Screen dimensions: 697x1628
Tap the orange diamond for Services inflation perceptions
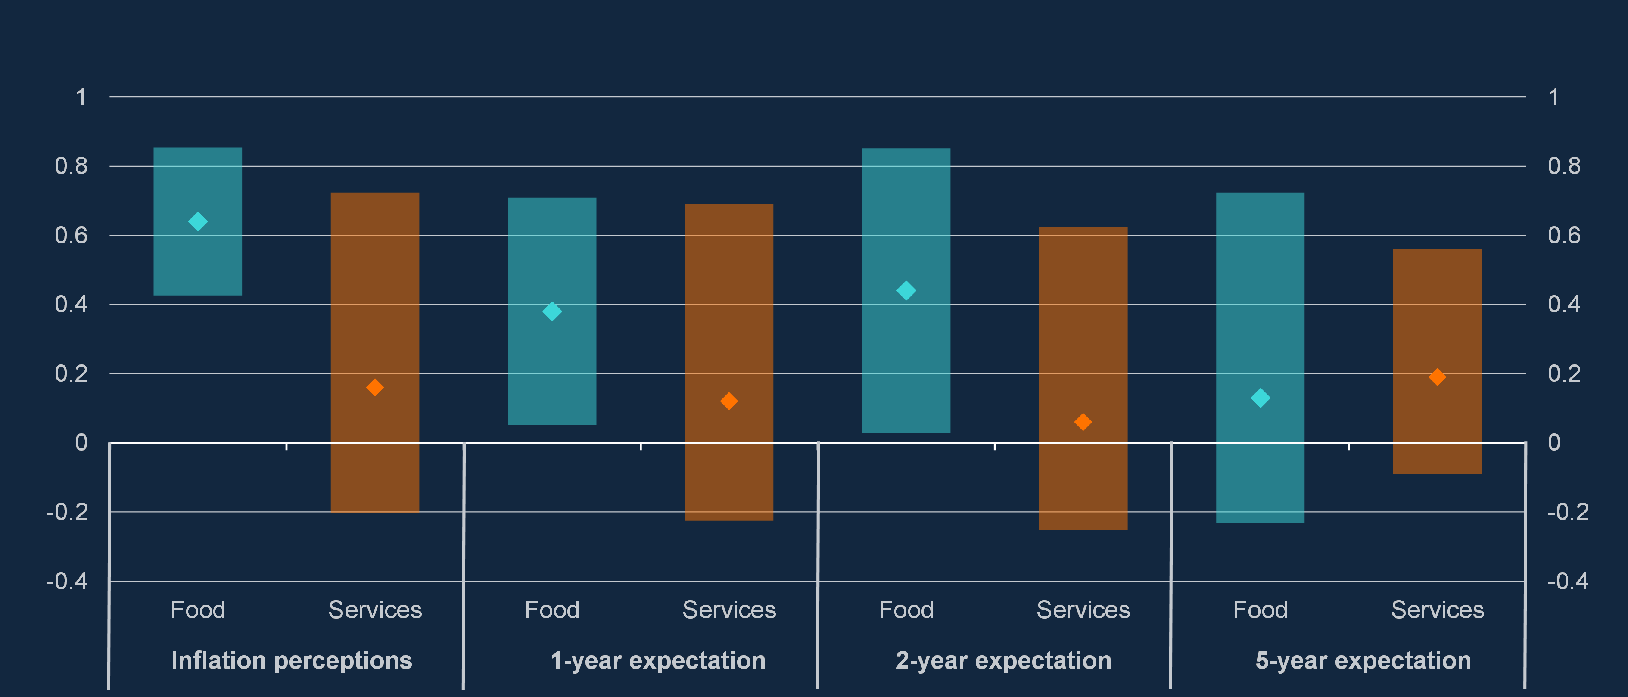(375, 387)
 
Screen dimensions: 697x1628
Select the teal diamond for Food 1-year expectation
(552, 311)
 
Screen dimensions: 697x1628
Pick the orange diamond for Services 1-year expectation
(728, 401)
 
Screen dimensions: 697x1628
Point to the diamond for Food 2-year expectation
(906, 291)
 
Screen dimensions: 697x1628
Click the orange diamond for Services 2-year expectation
(1083, 422)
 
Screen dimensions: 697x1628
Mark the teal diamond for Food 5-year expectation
(1260, 398)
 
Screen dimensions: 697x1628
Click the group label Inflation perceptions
(291, 660)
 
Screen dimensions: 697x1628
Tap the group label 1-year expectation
(658, 660)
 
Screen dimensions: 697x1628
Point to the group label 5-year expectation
(1363, 660)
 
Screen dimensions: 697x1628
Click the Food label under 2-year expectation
(906, 610)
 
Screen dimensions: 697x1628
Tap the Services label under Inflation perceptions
(375, 610)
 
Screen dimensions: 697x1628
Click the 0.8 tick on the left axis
(71, 166)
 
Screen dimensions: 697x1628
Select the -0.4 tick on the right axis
(1567, 581)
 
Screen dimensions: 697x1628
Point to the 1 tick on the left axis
(81, 97)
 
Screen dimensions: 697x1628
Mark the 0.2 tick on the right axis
(1563, 373)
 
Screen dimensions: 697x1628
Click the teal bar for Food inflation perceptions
(198, 265)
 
